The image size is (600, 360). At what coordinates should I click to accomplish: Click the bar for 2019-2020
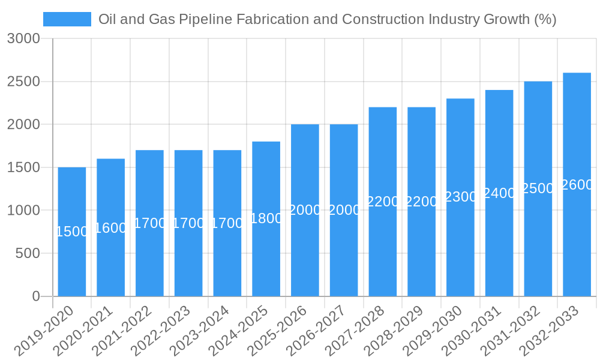pos(72,232)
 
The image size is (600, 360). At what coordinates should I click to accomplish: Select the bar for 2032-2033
pos(577,184)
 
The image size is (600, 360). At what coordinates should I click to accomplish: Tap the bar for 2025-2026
pos(305,210)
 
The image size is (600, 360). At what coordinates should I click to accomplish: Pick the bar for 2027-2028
pos(383,202)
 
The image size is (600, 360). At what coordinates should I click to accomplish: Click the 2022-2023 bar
pos(188,223)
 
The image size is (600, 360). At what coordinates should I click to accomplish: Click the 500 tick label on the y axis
pos(26,253)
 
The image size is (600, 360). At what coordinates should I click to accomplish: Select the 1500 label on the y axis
pos(23,167)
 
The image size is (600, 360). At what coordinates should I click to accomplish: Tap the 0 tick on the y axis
pos(35,296)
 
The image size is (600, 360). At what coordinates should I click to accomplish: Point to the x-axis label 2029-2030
pos(431,331)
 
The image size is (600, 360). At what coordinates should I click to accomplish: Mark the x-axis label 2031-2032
pos(509,331)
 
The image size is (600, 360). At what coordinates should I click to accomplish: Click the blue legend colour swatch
pos(67,19)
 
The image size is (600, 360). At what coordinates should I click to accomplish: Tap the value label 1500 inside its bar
pos(72,232)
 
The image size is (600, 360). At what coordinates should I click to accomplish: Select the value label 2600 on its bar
pos(577,185)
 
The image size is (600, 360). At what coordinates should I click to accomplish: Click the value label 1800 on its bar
pos(266,218)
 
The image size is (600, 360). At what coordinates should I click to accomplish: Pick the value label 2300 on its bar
pos(460,197)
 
